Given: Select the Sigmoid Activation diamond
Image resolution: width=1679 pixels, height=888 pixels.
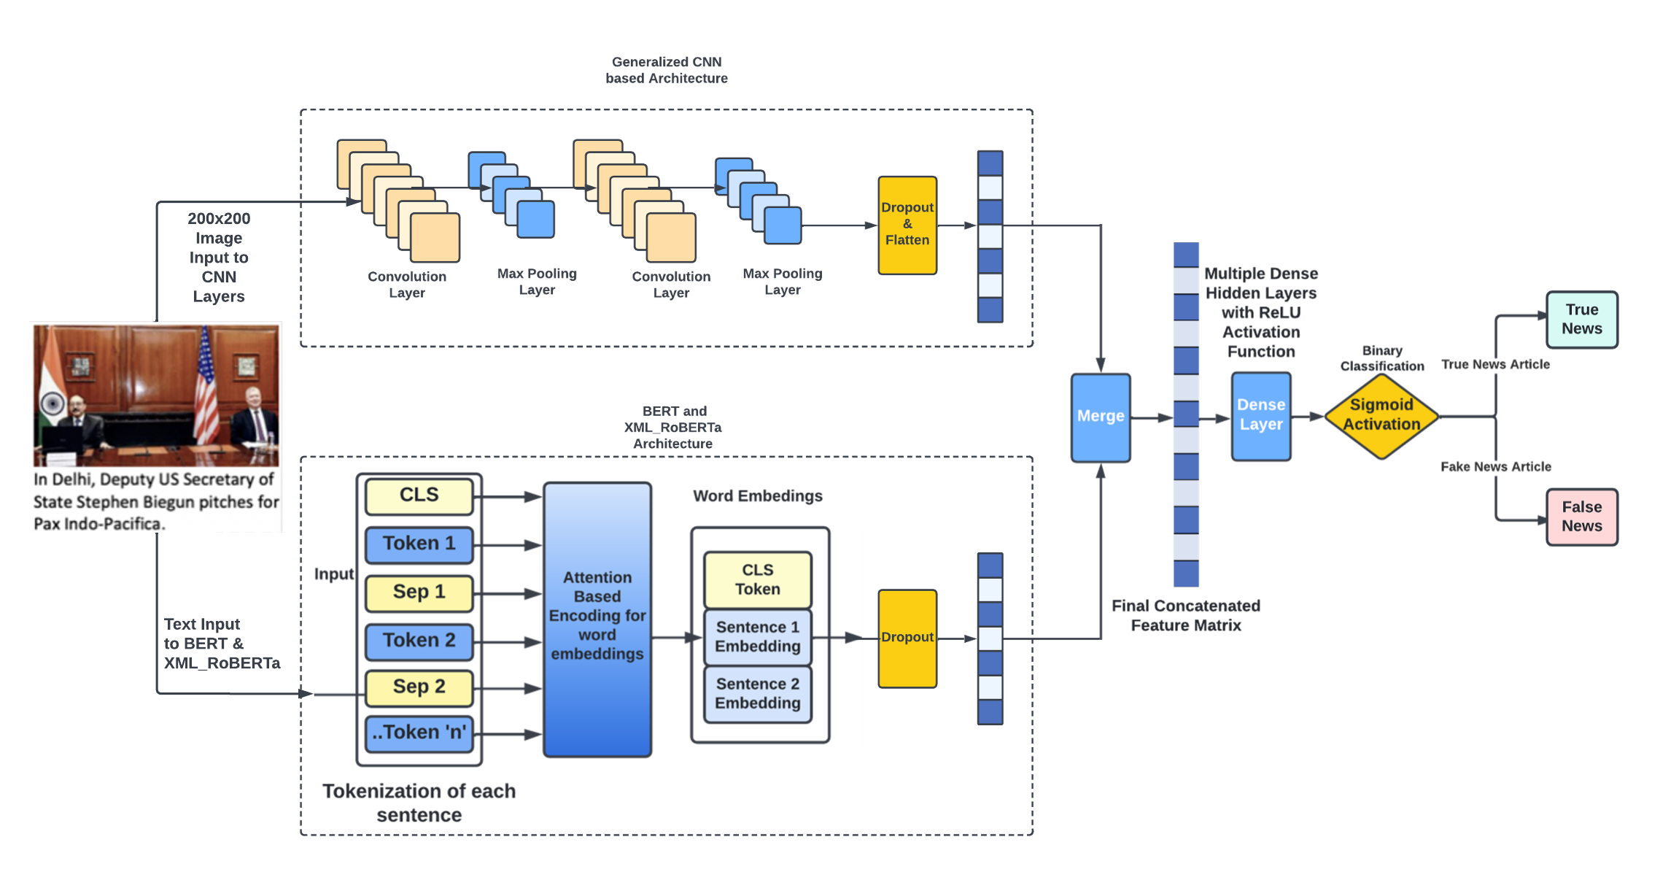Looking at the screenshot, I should pos(1381,416).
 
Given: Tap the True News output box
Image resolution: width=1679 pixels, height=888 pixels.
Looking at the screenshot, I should pos(1581,320).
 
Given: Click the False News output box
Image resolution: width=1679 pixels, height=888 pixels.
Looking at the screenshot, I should pos(1581,517).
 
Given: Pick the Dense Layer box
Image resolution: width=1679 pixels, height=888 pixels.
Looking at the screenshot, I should pos(1260,416).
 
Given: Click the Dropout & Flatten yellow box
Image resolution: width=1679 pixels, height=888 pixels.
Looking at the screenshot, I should pos(907,225).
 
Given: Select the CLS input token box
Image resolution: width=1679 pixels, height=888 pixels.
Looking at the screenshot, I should pos(419,496).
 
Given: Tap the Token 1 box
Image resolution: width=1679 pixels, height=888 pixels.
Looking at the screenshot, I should pos(419,544).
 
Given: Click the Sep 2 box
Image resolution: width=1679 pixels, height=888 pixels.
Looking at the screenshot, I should pos(419,687).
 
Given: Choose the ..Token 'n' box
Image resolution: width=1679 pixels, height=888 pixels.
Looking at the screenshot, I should pos(419,733).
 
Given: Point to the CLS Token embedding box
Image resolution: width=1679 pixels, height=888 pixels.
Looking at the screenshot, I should pos(757,580).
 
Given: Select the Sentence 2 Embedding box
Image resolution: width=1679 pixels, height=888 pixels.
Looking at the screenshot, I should pos(757,694).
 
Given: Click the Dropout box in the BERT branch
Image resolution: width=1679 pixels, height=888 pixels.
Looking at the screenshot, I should pos(907,638).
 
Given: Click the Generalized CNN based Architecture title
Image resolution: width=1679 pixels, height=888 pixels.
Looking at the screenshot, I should pos(666,70).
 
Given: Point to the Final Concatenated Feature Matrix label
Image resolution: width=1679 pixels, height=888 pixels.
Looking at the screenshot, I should pos(1185,615).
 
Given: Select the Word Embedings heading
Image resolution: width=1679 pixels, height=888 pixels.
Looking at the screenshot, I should pos(757,496).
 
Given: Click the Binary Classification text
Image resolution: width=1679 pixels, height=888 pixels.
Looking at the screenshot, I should pos(1381,358).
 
